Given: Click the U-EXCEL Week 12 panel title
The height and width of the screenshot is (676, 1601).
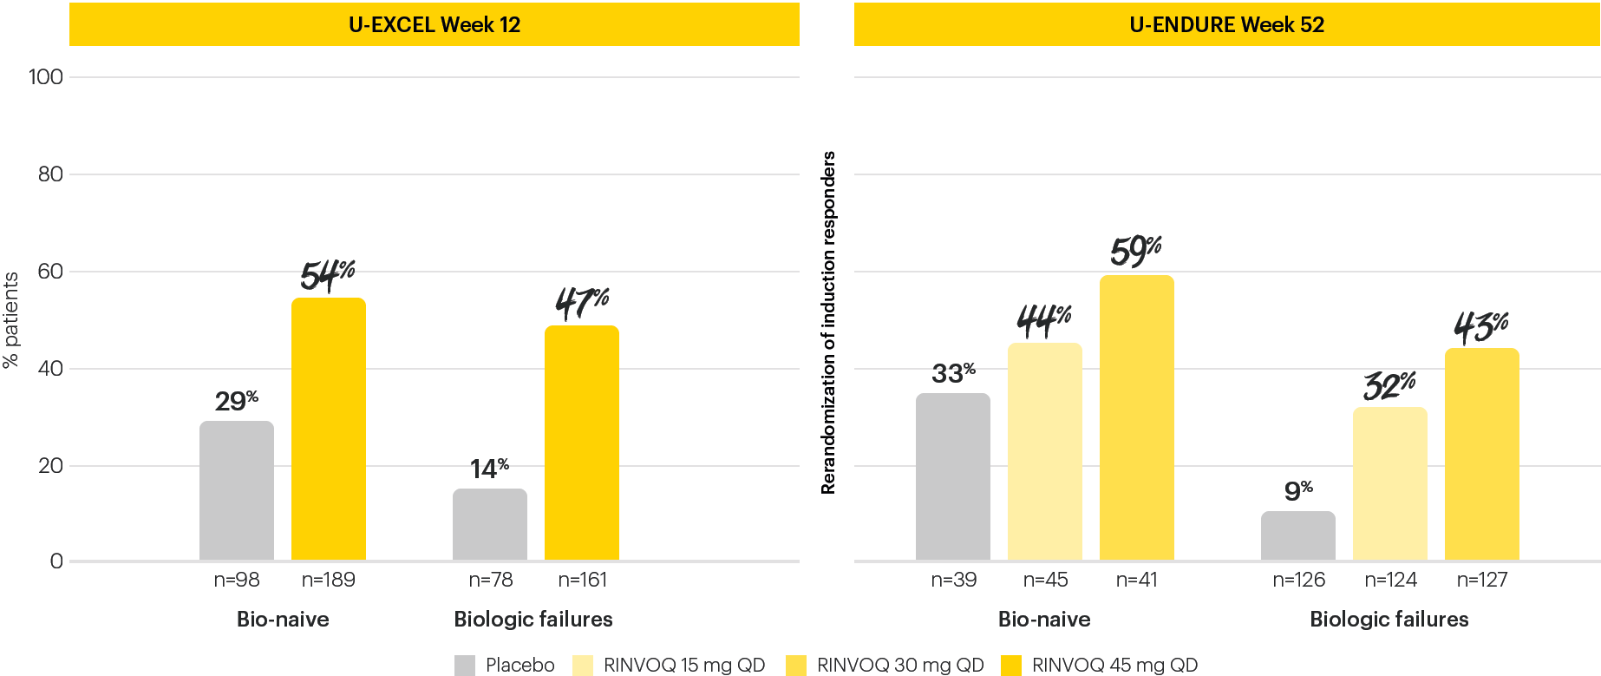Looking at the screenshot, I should click(434, 24).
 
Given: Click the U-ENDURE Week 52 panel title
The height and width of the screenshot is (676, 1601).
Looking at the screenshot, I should click(1226, 24).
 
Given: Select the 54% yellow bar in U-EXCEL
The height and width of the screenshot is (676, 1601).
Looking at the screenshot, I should click(328, 430).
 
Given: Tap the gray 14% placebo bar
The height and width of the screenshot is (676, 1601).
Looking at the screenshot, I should click(489, 524).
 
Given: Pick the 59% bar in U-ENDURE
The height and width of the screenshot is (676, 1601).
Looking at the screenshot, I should click(1136, 418).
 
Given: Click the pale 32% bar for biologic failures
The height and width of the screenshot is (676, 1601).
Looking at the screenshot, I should click(1389, 483).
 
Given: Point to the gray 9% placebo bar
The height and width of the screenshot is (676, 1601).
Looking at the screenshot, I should click(1297, 535).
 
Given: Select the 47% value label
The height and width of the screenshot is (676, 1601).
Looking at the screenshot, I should click(582, 303).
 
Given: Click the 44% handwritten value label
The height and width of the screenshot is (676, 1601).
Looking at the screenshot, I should click(1044, 320).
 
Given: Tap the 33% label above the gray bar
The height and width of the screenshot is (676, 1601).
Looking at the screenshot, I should click(953, 373).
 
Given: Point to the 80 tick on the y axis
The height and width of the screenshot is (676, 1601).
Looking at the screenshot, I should click(50, 174).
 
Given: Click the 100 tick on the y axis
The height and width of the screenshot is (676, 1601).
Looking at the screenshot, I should click(46, 77).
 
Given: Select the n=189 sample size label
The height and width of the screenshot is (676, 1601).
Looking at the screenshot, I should click(328, 580).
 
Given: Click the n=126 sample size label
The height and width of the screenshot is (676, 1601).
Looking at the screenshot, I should click(1298, 580).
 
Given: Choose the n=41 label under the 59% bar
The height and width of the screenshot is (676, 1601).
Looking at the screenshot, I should click(1136, 580).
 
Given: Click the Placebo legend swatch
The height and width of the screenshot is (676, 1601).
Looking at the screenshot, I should click(465, 666).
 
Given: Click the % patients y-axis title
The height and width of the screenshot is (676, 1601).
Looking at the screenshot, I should click(11, 320).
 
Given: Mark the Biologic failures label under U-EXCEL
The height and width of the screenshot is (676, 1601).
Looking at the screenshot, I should click(533, 619).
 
